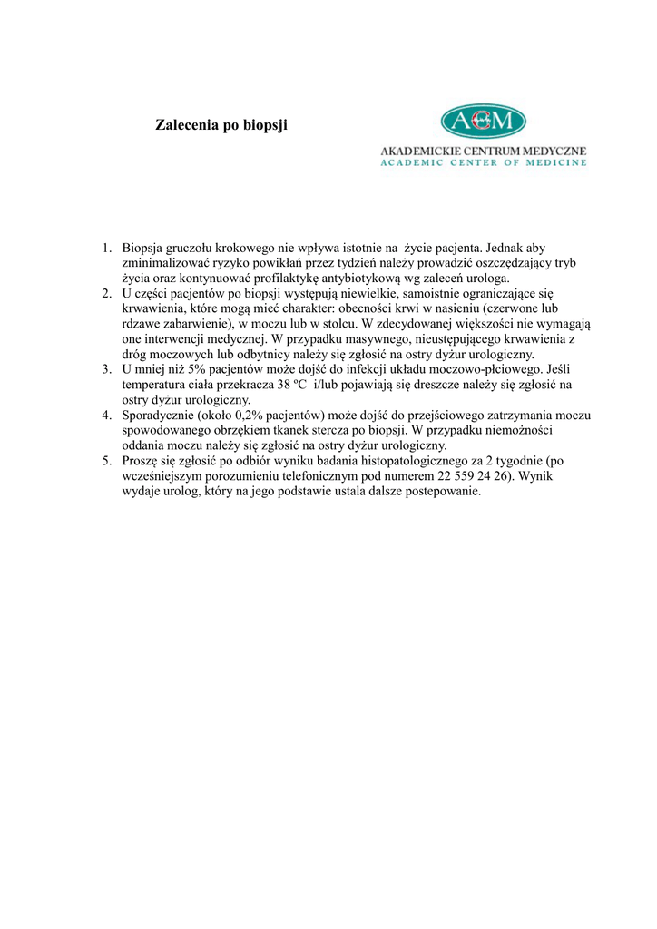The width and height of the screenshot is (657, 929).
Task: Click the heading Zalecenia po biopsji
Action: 222,124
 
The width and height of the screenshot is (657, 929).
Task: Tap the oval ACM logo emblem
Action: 483,121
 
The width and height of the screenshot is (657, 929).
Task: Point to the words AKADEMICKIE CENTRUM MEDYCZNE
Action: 483,150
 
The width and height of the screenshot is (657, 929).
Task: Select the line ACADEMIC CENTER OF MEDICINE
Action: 483,163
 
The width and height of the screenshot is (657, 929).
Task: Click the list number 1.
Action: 106,248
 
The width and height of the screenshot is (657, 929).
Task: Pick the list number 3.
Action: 106,369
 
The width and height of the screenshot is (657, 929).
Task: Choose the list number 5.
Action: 106,461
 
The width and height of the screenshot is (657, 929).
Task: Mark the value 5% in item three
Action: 200,369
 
